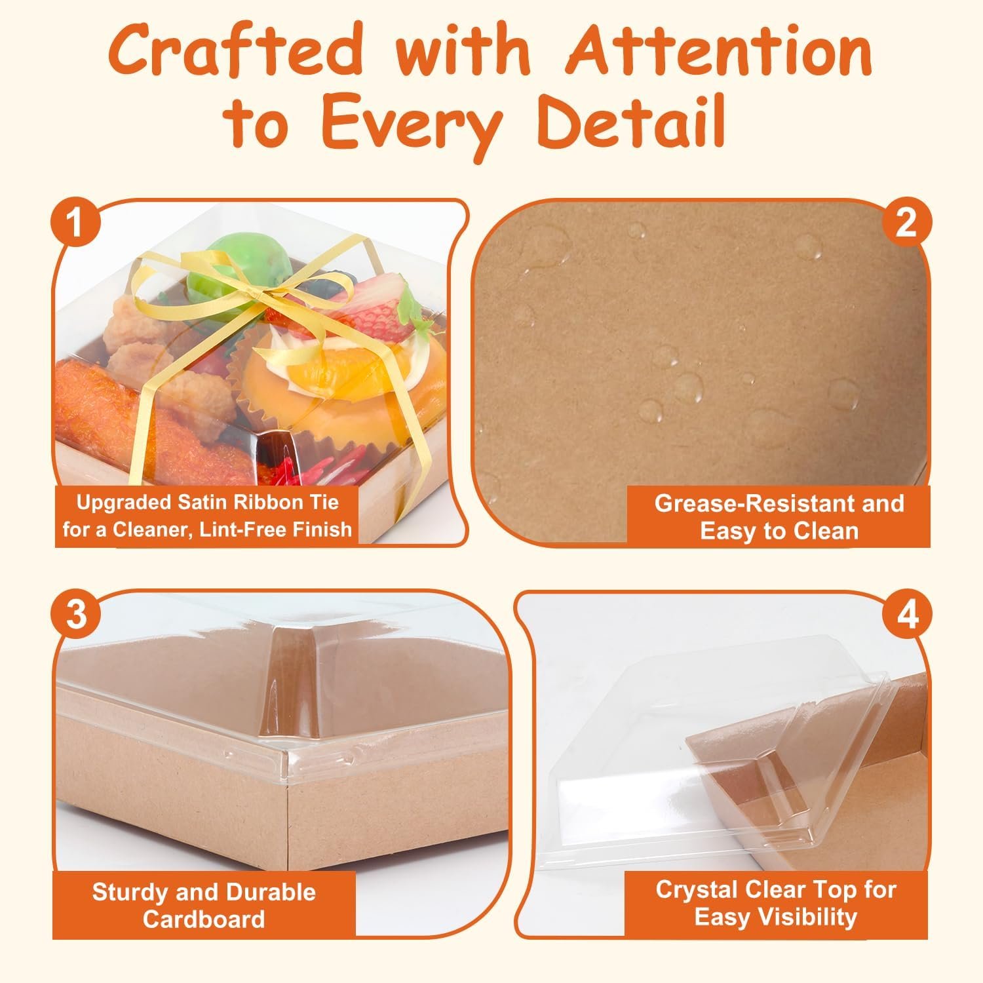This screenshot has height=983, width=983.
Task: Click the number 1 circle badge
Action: point(76,223)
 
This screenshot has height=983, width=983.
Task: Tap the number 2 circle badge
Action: point(906,223)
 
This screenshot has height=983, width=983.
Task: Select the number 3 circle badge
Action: point(76,615)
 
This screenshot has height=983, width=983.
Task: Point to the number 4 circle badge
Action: point(906,615)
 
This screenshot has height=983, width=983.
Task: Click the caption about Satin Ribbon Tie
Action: point(207,516)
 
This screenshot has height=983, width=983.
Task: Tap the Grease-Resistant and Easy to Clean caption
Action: point(779,516)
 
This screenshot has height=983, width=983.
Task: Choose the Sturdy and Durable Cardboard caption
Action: point(204,905)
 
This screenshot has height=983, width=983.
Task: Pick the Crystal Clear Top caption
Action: point(776,903)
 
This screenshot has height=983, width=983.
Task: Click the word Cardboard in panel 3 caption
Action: point(204,919)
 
